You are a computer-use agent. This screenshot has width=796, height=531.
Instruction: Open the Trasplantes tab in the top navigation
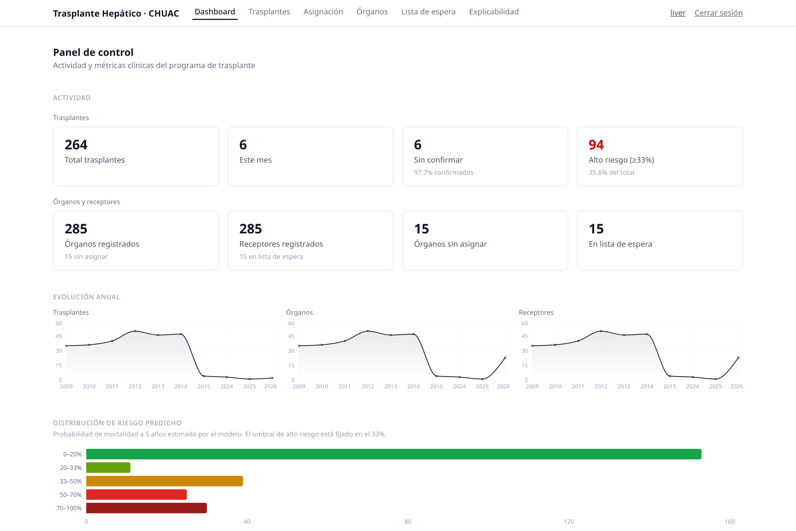coord(269,12)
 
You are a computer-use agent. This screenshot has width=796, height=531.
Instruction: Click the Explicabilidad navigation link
coord(494,12)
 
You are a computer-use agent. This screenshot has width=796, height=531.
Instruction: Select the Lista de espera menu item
coord(428,12)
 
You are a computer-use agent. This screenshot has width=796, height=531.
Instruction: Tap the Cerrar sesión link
coord(719,13)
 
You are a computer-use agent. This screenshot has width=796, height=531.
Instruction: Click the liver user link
coord(678,13)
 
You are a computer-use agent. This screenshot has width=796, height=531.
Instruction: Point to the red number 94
coord(596,145)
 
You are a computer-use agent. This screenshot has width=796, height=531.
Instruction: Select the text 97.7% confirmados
coord(443,172)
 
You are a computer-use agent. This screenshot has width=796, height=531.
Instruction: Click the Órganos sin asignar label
coord(450,244)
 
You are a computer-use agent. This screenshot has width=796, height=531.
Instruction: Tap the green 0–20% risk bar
coord(394,454)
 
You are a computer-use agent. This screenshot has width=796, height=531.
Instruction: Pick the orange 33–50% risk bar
coord(164,481)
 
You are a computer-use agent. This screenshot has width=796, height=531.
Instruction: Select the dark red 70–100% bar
coord(146,508)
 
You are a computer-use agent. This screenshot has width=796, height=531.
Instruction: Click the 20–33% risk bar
coord(108,467)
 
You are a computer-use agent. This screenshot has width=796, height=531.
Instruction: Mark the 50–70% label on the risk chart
coord(71,495)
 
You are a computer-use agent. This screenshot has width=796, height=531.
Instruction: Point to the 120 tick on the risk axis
coord(569,522)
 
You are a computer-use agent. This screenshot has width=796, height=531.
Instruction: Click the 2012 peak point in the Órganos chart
coord(368,331)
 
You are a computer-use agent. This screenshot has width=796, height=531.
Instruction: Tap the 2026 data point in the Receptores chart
coord(738,358)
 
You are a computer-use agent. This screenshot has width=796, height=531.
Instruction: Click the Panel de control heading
coord(93,53)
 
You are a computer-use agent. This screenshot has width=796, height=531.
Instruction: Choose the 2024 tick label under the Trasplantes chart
coord(226,386)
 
